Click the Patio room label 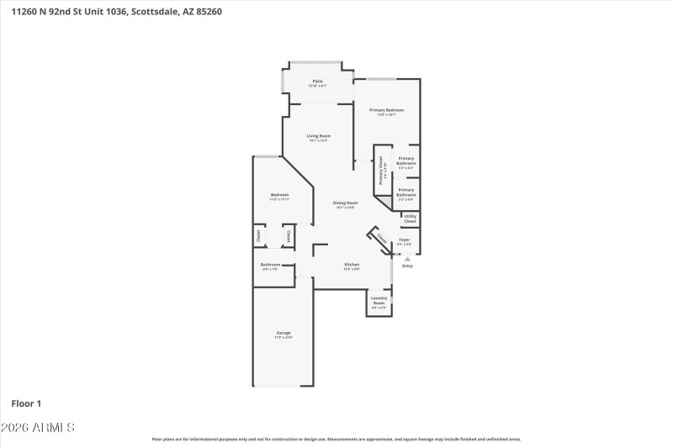pos(317,82)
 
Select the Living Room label pos(318,136)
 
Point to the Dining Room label pos(345,203)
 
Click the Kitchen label pos(352,265)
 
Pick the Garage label pos(284,333)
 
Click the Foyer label pos(404,240)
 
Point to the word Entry pos(407,266)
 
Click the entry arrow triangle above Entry pos(407,259)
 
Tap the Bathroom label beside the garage pos(271,265)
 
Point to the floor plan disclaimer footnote pos(336,439)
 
